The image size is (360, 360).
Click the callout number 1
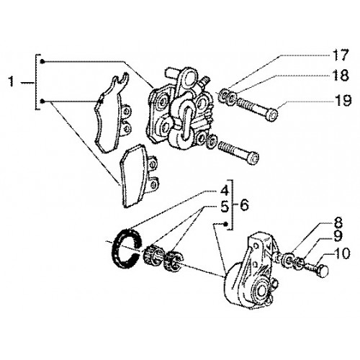pos(11,81)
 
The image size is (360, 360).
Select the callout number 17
pos(339,55)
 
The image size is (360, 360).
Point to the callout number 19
pos(343,100)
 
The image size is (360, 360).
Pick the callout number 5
pos(225,207)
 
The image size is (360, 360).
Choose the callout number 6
pos(244,205)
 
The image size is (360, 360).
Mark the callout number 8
pos(337,222)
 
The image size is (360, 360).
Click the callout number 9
pos(338,236)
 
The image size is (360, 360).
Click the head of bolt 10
pos(323,271)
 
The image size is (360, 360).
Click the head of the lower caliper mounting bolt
pos(253,158)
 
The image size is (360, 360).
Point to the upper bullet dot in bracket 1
pos(42,62)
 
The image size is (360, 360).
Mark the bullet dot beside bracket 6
pos(225,224)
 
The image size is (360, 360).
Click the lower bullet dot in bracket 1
pos(42,102)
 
